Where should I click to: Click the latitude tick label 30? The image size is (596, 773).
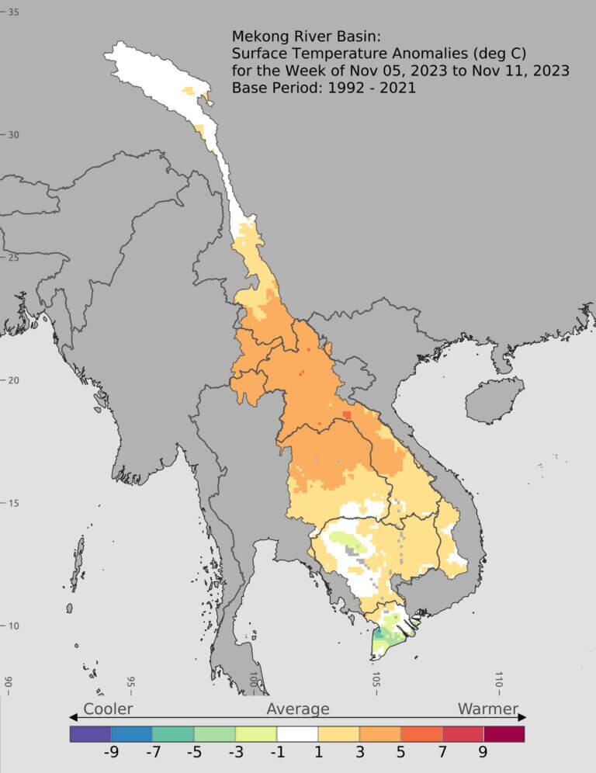(13, 134)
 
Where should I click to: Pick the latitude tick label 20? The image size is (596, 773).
(13, 380)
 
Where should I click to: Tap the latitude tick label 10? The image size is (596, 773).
(13, 626)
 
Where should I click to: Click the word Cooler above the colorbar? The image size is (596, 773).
(108, 709)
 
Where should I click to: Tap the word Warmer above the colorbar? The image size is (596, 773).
(487, 709)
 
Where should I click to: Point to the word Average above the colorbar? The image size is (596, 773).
(298, 709)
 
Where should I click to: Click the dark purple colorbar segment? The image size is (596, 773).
(90, 733)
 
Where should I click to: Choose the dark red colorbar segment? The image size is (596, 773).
(504, 733)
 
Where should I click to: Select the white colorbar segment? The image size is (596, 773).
(297, 733)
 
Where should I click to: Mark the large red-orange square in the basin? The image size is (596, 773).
(347, 415)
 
